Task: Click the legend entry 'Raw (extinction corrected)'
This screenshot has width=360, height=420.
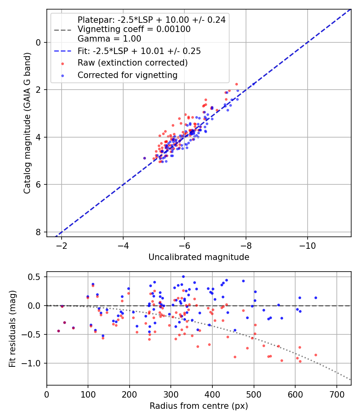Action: [x=132, y=63]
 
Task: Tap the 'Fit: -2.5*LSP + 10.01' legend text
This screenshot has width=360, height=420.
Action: [x=139, y=51]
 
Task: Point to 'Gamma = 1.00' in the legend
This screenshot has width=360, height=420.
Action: [x=109, y=39]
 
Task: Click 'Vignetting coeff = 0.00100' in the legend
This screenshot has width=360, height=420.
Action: [x=134, y=29]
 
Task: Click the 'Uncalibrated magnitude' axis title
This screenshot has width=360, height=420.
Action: [x=199, y=257]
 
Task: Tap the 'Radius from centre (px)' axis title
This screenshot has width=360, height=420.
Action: [x=199, y=406]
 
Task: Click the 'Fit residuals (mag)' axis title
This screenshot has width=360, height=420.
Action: [x=12, y=328]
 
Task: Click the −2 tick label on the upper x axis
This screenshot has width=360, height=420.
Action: [x=62, y=244]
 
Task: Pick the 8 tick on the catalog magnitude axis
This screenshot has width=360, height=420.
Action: [x=39, y=232]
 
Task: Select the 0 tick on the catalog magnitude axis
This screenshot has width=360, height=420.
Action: [x=39, y=42]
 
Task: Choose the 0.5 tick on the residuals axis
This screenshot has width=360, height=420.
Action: [x=38, y=277]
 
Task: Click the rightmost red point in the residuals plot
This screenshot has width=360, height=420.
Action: [x=316, y=355]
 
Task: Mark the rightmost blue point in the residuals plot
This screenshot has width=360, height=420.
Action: [x=316, y=298]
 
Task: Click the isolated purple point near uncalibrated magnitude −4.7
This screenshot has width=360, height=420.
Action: [x=144, y=158]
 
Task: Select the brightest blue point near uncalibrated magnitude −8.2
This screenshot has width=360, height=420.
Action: [x=253, y=84]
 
